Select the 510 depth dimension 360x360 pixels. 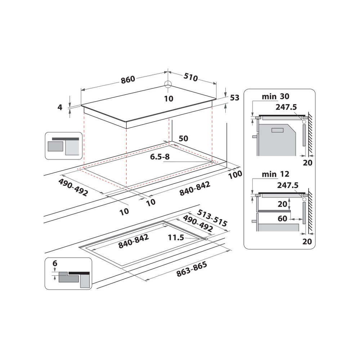click(191, 77)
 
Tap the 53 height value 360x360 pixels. click(234, 98)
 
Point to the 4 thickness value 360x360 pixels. click(60, 107)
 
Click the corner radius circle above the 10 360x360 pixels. click(168, 84)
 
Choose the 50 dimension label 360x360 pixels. click(184, 139)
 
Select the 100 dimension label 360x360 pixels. click(235, 174)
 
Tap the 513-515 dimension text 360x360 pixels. click(212, 218)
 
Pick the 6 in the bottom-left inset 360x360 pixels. click(55, 264)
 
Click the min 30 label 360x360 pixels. click(275, 96)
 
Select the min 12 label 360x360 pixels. click(275, 175)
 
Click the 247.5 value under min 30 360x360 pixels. click(287, 107)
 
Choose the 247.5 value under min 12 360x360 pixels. click(288, 185)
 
